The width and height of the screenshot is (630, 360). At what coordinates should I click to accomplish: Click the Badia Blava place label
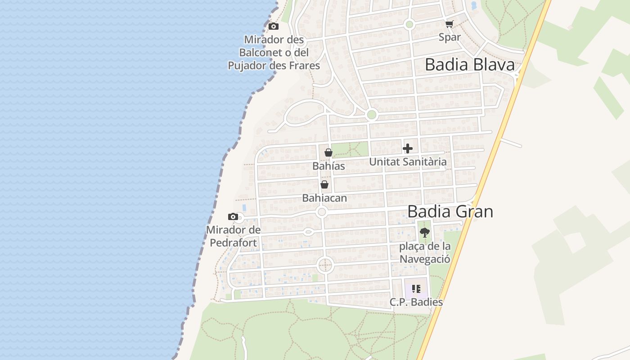[469, 65]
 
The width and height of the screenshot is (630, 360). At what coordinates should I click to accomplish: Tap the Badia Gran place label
[450, 211]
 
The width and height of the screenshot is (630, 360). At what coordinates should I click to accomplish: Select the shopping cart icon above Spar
[449, 24]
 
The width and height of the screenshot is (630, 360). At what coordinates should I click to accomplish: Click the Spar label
[450, 37]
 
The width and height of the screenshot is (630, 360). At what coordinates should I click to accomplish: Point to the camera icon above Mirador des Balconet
[274, 27]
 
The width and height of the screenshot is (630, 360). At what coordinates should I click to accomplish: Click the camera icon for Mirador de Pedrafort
[233, 217]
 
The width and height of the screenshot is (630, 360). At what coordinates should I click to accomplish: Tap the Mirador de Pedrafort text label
[233, 237]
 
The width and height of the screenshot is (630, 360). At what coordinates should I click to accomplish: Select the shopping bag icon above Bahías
[328, 153]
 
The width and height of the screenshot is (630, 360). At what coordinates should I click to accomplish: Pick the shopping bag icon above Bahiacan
[324, 184]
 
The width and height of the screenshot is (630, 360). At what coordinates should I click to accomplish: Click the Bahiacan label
[324, 198]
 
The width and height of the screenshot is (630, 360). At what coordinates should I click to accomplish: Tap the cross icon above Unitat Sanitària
[408, 148]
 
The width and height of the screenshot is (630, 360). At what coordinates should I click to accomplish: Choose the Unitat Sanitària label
[408, 162]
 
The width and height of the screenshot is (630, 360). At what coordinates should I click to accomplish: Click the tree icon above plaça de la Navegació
[424, 233]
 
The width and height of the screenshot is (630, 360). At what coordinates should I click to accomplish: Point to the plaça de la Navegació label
[425, 253]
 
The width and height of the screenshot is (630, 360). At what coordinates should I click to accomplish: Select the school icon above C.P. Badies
[416, 289]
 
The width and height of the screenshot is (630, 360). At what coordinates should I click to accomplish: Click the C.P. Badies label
[416, 302]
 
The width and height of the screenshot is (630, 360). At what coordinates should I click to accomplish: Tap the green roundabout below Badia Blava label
[371, 115]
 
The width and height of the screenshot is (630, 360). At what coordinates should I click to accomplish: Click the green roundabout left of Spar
[409, 24]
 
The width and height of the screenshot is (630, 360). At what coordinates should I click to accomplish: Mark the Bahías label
[328, 166]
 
